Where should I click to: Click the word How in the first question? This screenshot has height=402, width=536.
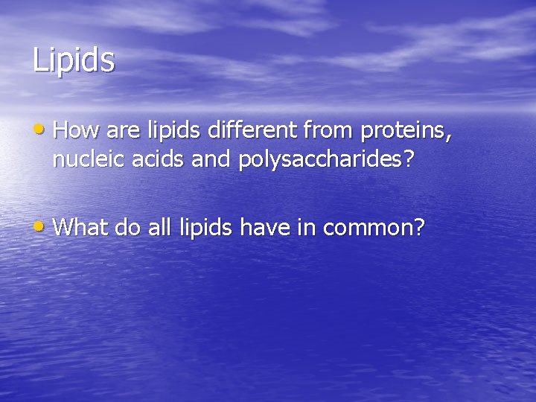pos(77,130)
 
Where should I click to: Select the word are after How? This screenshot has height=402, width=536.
pos(122,132)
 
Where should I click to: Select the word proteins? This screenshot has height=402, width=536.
pos(406,132)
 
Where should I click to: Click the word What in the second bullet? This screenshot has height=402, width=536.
pos(81,226)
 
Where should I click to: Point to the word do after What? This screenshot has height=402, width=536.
pos(128,226)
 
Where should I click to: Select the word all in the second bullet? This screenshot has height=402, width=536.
pos(160,226)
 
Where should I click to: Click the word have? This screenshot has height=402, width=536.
pos(264,226)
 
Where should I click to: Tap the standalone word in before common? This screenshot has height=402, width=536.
pos(304,226)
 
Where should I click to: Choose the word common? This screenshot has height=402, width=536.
pos(370,227)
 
